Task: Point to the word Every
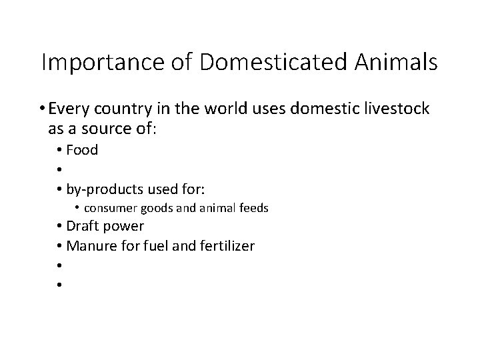point(69,109)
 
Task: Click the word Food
point(82,150)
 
